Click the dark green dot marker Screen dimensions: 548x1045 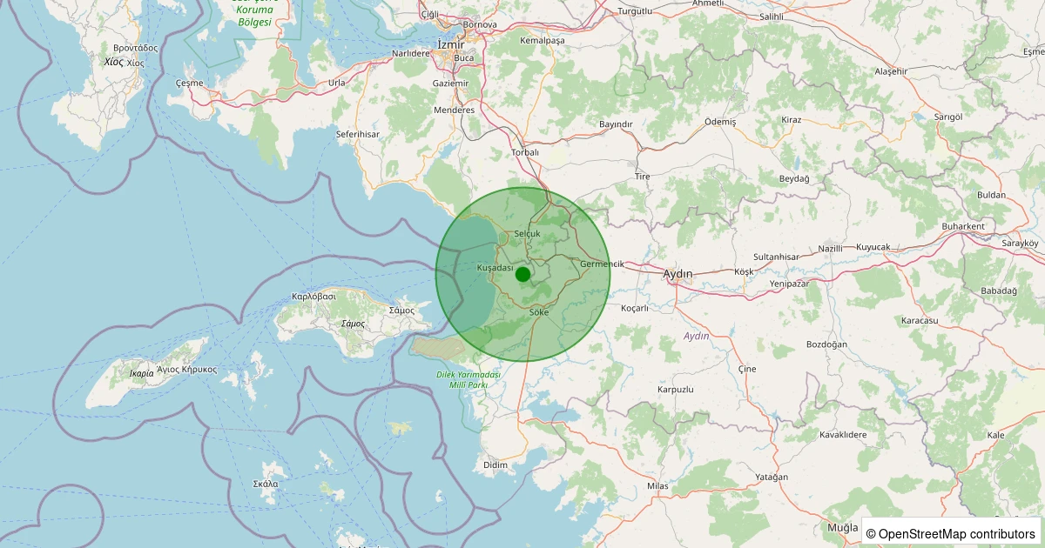click(522, 275)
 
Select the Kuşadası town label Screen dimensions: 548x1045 click(496, 268)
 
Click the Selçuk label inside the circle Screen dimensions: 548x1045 click(528, 234)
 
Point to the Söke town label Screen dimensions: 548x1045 click(539, 311)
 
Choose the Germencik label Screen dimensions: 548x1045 click(602, 264)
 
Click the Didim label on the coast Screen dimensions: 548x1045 click(495, 465)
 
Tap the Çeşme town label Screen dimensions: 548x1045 click(189, 84)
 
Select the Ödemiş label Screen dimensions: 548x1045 click(719, 122)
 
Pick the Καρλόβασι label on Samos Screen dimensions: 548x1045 click(314, 297)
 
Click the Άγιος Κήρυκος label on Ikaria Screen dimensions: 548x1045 click(186, 369)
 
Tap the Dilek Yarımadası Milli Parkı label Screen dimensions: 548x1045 click(468, 379)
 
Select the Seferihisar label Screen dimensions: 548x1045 click(358, 135)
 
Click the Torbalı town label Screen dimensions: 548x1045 click(525, 152)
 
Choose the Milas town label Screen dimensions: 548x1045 click(657, 485)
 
